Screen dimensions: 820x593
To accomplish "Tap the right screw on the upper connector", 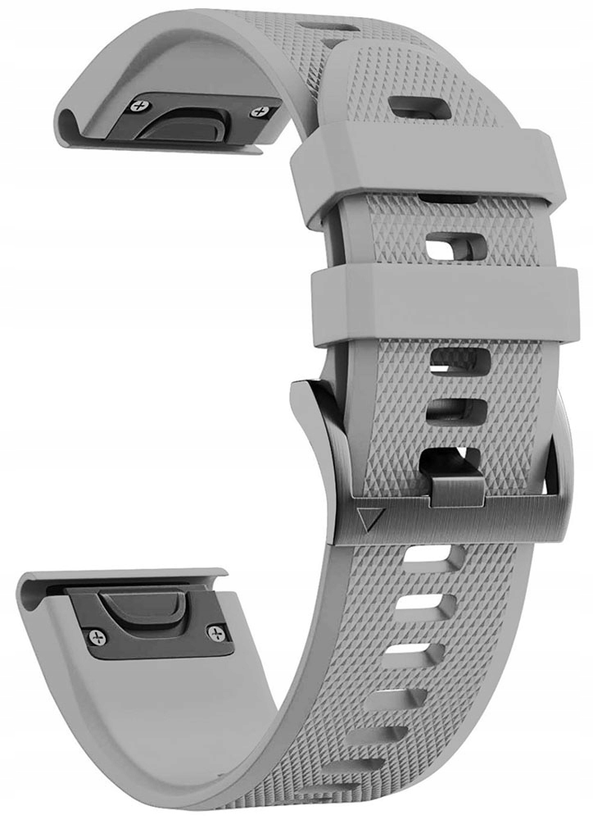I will click(x=262, y=112).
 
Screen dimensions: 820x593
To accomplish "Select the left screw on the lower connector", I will click(x=98, y=635).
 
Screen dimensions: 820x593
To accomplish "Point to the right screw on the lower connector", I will click(x=216, y=631).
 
